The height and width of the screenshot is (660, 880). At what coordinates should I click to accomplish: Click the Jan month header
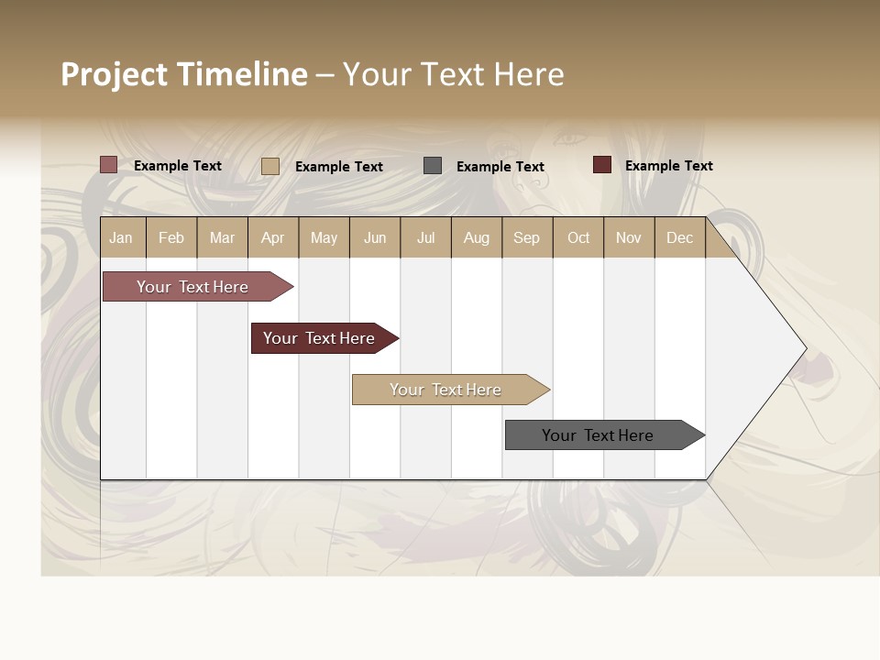pos(121,238)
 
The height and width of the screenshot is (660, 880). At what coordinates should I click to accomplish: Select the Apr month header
pos(272,238)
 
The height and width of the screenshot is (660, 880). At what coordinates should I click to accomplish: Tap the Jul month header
pos(425,238)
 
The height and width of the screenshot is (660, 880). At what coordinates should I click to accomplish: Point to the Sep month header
pos(526,238)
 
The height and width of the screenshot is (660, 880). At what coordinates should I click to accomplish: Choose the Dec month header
pos(679,238)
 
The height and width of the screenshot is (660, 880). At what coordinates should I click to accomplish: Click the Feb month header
pos(171,238)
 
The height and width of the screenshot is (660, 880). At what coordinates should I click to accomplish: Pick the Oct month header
pos(578,238)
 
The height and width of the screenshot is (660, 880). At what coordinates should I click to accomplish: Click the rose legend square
pos(108,165)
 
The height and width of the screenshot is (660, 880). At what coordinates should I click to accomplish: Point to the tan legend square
pos(269,166)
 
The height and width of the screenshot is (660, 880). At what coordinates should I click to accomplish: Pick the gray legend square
pos(433,166)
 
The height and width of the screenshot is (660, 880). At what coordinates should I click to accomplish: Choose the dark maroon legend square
pos(602,165)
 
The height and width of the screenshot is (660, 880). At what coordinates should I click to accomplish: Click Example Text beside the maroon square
pos(668,166)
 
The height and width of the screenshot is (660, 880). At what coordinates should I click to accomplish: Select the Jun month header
pos(375,238)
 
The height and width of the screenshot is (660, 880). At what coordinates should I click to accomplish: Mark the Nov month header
pos(629,238)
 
